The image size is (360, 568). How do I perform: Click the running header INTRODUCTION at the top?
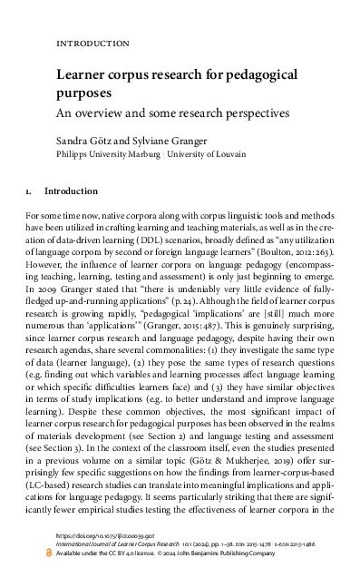[92, 44]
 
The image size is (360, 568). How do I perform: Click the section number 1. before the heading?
[32, 192]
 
